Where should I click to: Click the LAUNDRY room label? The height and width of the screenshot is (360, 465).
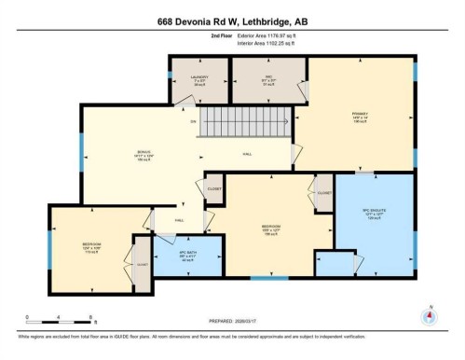point(198,77)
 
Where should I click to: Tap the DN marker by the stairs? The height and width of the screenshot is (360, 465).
point(193,122)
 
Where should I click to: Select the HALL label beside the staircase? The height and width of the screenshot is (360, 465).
point(247,154)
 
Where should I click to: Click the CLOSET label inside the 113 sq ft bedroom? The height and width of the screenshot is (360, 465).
point(142,264)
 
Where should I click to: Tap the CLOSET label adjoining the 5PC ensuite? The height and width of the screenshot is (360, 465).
point(324,193)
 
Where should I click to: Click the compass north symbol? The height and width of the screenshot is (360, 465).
point(429,314)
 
